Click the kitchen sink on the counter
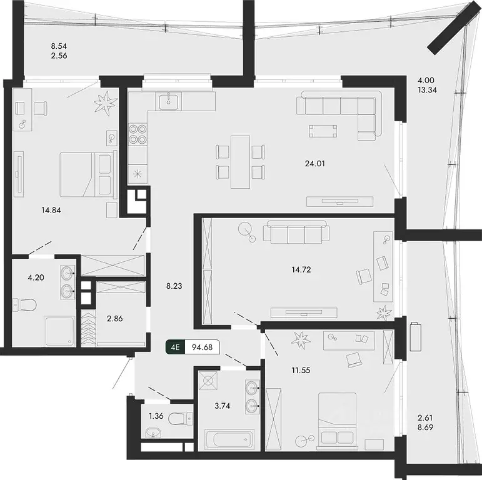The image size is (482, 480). pos(169,101)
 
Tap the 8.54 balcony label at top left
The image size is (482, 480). pos(59,45)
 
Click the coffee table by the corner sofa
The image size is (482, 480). pos(325,131)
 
